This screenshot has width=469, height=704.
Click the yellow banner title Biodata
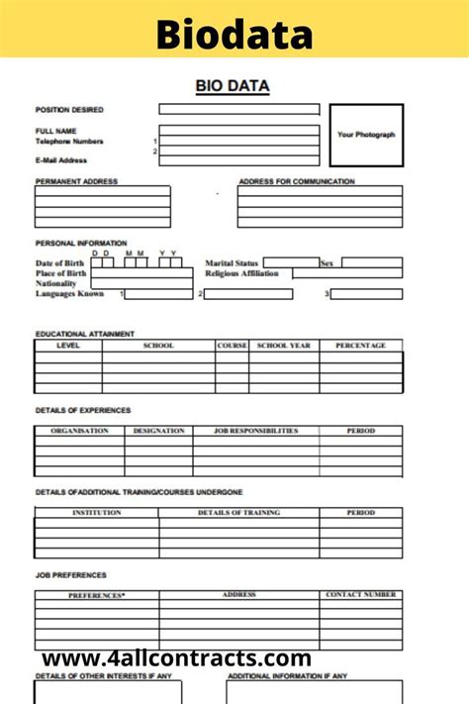pos(234,36)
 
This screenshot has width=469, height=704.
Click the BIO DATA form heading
pos(234,86)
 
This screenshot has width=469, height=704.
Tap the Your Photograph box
pos(365,135)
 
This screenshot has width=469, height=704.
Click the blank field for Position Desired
pos(239,110)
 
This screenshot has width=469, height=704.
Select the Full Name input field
pos(239,130)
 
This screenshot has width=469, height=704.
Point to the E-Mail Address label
pos(61,160)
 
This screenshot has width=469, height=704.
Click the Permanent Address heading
pos(76,181)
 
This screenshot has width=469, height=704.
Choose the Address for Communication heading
pos(297,181)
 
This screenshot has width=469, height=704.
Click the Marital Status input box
pos(291,263)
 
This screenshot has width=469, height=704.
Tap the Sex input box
pos(372,263)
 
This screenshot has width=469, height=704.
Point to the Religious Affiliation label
pos(242,273)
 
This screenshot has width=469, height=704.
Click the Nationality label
pos(56,283)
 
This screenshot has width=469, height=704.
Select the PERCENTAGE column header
pos(361,346)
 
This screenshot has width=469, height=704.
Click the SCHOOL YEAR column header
pos(284,346)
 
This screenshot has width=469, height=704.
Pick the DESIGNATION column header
pos(158,431)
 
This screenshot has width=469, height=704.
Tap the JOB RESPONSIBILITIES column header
pos(256,431)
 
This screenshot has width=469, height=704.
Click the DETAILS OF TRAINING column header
pos(238,513)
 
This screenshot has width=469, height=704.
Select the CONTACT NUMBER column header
pos(361,595)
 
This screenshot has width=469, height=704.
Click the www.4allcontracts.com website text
pos(177,658)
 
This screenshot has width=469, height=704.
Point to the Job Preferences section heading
pos(71,575)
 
